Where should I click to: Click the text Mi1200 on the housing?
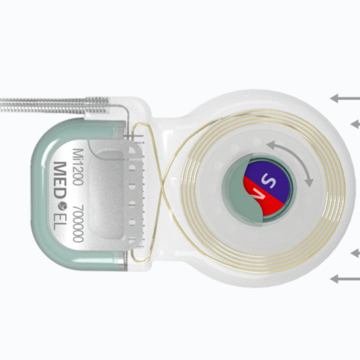pos(78,167)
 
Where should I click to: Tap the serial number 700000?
pos(78,224)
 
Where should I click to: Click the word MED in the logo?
pos(60,180)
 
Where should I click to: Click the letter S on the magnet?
pos(268,181)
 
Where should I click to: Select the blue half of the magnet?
pos(270,180)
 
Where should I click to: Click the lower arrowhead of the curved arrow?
pos(309,182)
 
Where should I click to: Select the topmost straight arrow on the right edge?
pos(345,98)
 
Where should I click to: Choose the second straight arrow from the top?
pos(355,124)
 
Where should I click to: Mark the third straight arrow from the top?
pos(355,253)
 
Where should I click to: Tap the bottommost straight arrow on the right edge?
pos(345,279)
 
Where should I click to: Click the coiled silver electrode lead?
pos(54,105)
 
